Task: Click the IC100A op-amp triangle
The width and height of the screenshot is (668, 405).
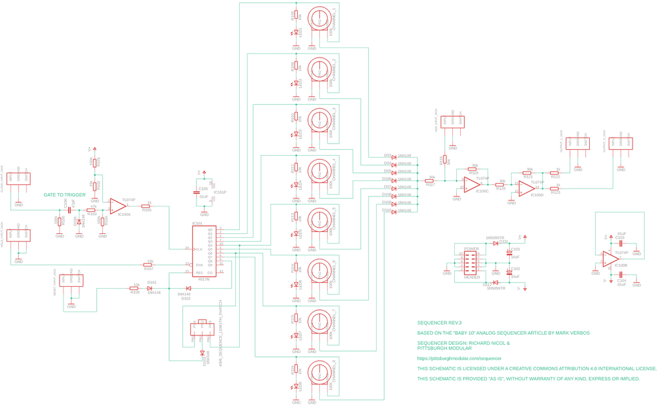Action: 118,206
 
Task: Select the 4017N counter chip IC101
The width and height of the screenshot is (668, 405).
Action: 204,251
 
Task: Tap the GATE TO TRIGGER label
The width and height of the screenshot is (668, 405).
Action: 65,195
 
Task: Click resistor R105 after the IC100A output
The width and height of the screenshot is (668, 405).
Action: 147,207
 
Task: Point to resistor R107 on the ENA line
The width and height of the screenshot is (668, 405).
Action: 148,265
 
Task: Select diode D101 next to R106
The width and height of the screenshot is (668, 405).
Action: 150,289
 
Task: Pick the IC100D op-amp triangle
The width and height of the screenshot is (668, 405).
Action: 527,188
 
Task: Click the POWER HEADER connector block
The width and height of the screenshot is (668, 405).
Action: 472,263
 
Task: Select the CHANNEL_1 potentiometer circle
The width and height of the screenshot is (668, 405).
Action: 319,23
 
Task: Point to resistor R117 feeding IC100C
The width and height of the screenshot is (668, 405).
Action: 430,181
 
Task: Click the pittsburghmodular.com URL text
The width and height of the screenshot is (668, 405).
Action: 459,359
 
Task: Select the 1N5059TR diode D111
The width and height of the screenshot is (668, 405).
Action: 496,243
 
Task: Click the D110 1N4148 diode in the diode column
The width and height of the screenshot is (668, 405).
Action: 394,211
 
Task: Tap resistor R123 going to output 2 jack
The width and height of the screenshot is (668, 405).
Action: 554,189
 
